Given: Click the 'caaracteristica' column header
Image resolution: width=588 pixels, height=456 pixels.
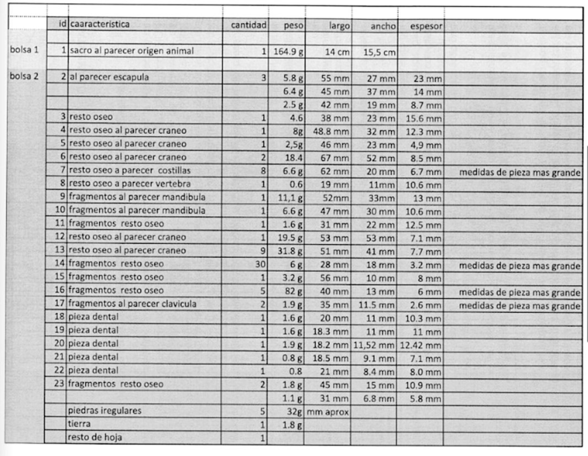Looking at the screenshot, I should click(100, 25).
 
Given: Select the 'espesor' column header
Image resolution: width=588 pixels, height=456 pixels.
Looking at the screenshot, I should click(426, 26).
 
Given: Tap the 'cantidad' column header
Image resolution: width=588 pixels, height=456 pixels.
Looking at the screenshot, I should click(249, 25).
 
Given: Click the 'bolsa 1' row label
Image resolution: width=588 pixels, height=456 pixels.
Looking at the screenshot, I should click(24, 50).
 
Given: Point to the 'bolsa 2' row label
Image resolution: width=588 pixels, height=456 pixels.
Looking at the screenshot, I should click(24, 76).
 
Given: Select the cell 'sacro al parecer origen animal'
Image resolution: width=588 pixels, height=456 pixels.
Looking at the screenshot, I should click(132, 51).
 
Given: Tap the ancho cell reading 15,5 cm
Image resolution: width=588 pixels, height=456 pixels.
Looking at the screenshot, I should click(379, 52).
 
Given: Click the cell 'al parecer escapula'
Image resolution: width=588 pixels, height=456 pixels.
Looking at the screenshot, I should click(109, 77).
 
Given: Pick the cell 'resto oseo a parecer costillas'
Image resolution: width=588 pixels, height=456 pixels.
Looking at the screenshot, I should click(130, 170).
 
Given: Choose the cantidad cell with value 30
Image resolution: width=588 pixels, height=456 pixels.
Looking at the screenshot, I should click(260, 264).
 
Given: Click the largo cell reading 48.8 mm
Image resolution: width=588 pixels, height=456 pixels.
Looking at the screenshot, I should click(331, 132).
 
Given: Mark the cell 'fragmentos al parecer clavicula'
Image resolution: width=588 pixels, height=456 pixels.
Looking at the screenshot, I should click(132, 304).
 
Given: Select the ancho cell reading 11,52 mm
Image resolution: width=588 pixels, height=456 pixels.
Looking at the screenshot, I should click(374, 345).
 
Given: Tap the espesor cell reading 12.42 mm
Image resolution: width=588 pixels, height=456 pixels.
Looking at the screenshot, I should click(420, 345).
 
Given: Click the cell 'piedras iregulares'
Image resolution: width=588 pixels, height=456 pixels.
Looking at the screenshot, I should click(105, 411).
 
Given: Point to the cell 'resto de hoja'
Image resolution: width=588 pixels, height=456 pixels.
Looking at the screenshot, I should click(95, 437).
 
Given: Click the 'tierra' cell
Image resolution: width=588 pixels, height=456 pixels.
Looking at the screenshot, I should click(79, 424).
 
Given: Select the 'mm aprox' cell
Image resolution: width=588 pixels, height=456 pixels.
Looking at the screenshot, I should click(328, 412).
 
